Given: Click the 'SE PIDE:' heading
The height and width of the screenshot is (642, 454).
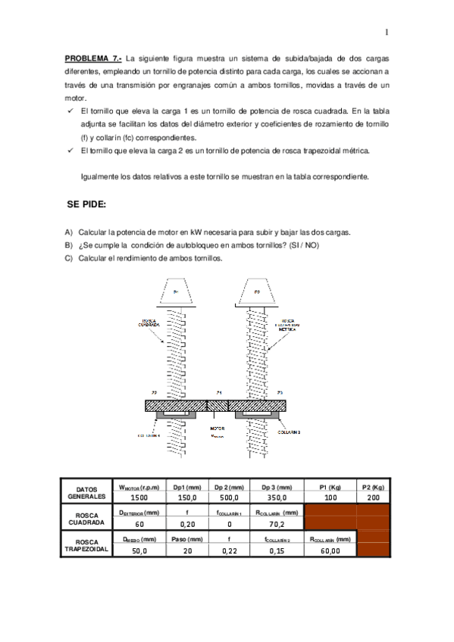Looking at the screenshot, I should point(87,204).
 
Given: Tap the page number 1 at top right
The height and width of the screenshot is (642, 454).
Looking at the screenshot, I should point(386,33).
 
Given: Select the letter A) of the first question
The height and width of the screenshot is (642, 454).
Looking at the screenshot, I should point(69,232).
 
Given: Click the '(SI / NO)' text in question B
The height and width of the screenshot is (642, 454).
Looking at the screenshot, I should point(299,245).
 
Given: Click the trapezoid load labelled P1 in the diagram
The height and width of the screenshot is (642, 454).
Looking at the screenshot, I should point(176,292).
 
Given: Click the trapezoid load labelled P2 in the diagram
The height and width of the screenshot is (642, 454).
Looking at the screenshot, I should point(256,292).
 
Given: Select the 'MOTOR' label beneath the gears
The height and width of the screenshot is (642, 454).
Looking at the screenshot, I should point(218,429).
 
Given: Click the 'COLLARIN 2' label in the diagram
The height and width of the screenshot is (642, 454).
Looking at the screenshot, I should point(289,433).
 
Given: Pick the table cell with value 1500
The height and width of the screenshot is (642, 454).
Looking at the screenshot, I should point(139,497).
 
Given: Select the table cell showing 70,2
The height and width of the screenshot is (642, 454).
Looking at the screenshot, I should point(277,523).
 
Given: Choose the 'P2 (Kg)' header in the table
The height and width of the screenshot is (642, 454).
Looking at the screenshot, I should point(373,487).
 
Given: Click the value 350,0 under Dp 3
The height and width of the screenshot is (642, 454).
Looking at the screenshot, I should point(277,497).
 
